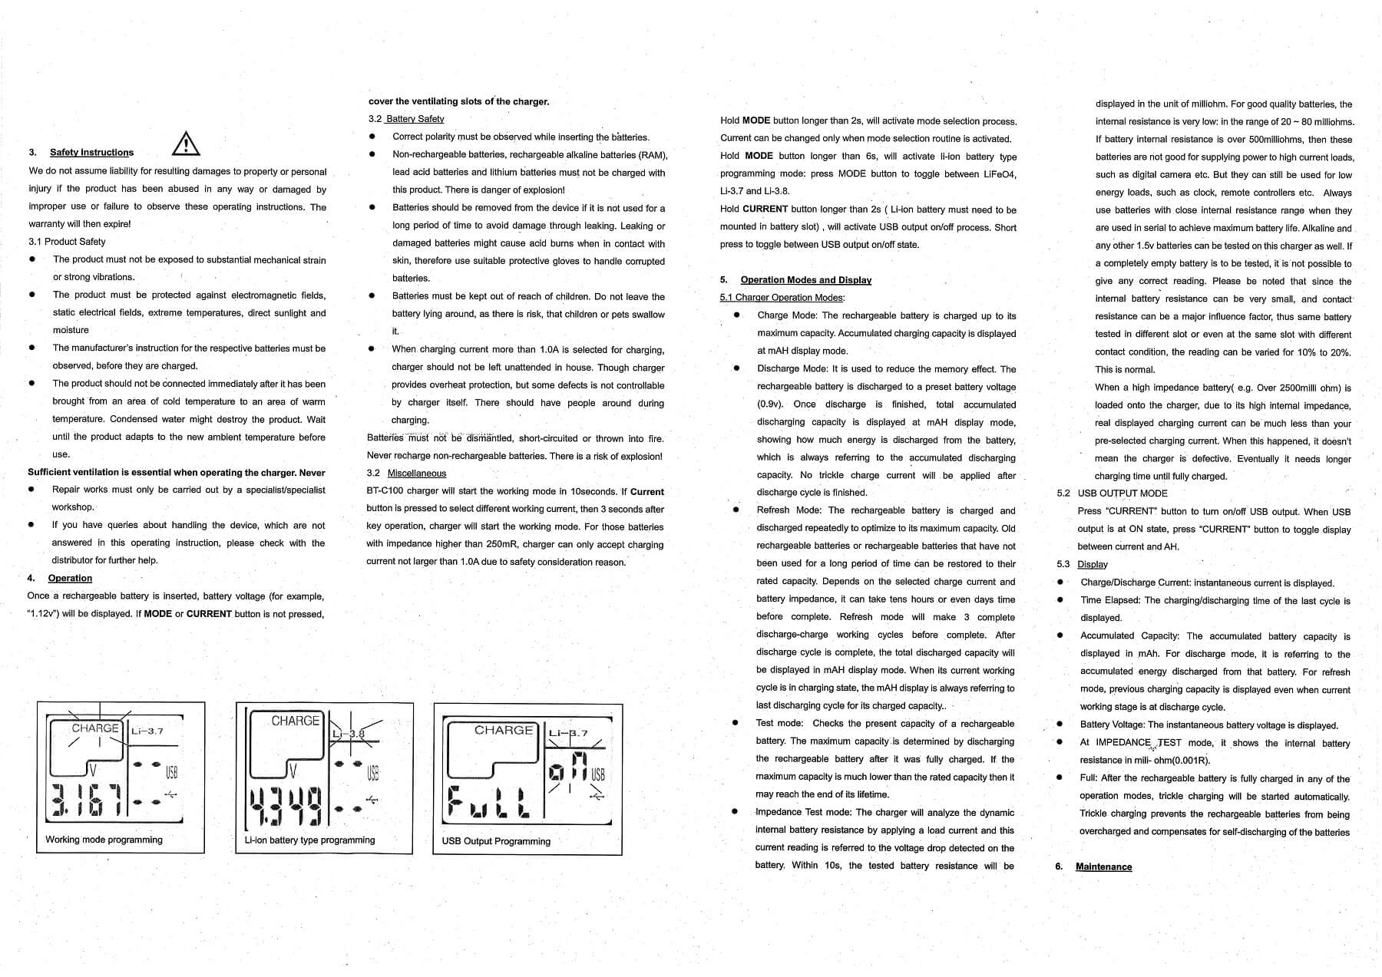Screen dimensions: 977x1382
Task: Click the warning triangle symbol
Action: point(186,144)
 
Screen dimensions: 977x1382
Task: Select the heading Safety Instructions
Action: point(91,153)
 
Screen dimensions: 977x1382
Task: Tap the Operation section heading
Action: point(70,578)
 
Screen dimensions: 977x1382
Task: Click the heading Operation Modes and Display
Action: point(805,280)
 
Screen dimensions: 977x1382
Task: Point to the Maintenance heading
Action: point(1103,866)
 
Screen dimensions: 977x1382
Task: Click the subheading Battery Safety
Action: point(415,119)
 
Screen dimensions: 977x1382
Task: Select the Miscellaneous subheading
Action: point(416,474)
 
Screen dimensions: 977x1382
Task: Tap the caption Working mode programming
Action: point(104,840)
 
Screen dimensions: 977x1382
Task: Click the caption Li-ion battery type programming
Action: point(309,840)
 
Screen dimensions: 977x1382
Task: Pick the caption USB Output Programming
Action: point(496,841)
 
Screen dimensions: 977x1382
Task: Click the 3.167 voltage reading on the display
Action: point(86,800)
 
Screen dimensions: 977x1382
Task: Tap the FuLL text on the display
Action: point(488,802)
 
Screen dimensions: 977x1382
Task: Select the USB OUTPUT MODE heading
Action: point(1122,493)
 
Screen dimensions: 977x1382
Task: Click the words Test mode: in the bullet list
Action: point(779,724)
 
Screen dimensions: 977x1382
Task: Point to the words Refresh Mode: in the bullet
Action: point(789,510)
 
